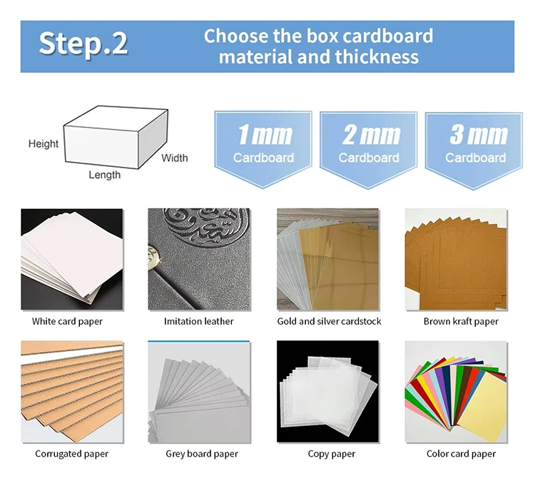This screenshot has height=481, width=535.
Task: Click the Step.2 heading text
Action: point(83,44)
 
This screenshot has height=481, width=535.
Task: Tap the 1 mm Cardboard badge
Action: point(263,149)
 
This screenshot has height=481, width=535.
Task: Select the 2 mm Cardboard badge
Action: point(369,150)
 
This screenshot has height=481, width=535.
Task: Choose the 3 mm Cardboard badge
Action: point(474,151)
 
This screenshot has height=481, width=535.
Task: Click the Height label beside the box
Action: point(44,143)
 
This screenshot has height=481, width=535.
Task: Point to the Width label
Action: point(174,158)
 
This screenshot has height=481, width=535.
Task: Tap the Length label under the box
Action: point(104,175)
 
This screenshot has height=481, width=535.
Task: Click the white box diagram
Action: point(116,137)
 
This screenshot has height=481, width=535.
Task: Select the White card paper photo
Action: point(71,259)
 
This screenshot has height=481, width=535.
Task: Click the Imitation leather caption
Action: point(198,321)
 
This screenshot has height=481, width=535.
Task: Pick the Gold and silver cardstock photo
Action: point(327,259)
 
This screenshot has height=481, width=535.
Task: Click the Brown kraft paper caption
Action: point(461,321)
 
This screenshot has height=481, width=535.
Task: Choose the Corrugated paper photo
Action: point(71,392)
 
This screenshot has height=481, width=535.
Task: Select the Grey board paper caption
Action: point(202,454)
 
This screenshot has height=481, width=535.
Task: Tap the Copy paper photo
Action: point(327,392)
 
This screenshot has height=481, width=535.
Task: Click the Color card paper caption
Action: point(461,454)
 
